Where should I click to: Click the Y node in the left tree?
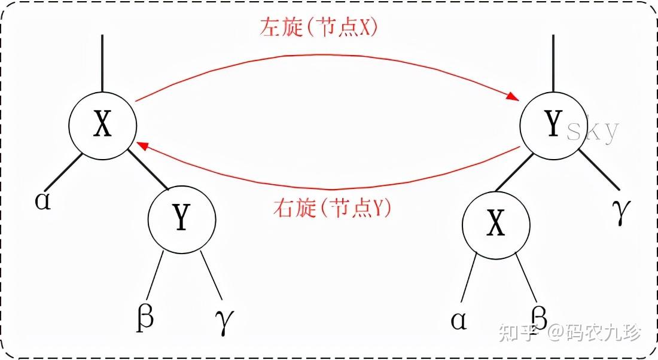click(x=182, y=219)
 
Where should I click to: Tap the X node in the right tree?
click(x=496, y=225)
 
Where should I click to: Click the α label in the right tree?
click(x=459, y=321)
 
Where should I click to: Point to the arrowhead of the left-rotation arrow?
click(x=513, y=97)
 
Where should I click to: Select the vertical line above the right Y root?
click(x=553, y=63)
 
